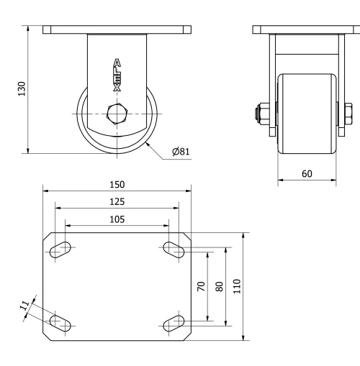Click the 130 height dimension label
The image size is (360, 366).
tap(22, 88)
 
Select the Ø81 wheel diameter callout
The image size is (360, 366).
tap(181, 152)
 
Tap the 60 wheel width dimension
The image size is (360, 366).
tap(307, 173)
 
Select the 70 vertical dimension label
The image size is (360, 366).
tap(200, 286)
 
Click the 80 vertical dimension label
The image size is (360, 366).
tap(219, 286)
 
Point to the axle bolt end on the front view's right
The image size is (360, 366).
tap(348, 114)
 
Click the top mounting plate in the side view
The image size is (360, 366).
tap(117, 30)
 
